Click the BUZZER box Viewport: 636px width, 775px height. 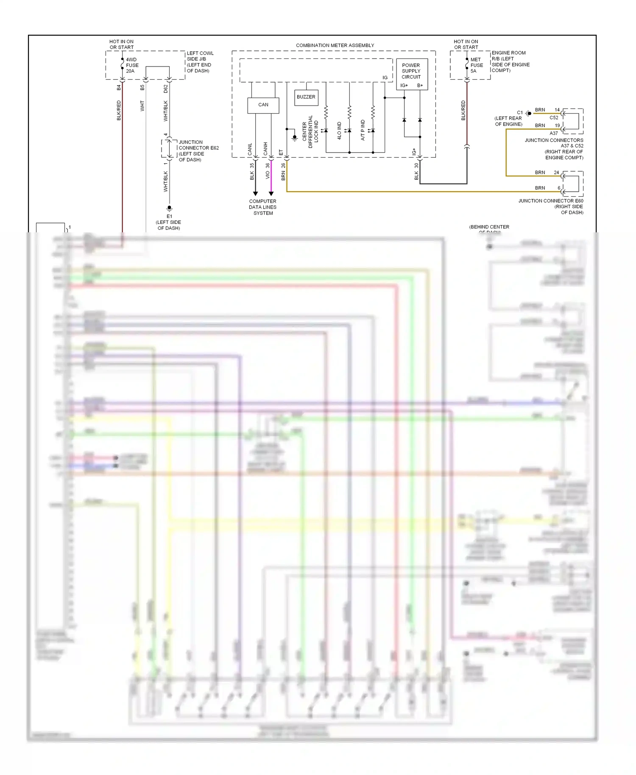[x=306, y=97]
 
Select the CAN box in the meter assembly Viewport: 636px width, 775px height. [x=263, y=105]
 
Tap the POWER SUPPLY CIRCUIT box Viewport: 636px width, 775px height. [x=411, y=71]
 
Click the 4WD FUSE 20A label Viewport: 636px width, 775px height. [x=132, y=65]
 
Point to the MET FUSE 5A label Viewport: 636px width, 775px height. [x=476, y=65]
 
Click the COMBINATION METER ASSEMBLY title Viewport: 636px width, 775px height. [x=335, y=45]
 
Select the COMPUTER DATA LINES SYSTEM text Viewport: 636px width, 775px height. [x=263, y=207]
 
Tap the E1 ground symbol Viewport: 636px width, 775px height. [x=169, y=208]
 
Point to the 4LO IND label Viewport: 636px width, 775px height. [x=339, y=131]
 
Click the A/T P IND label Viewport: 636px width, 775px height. [x=363, y=130]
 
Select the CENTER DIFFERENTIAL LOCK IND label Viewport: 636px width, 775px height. [x=310, y=131]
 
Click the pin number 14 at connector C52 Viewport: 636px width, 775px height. [x=557, y=110]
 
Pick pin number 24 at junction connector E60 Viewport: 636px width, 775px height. [x=556, y=173]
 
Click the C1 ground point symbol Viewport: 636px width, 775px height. [x=529, y=113]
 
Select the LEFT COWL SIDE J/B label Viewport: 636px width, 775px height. [x=200, y=62]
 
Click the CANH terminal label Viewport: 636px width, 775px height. [x=265, y=148]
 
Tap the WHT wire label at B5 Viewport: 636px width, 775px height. [x=142, y=106]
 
